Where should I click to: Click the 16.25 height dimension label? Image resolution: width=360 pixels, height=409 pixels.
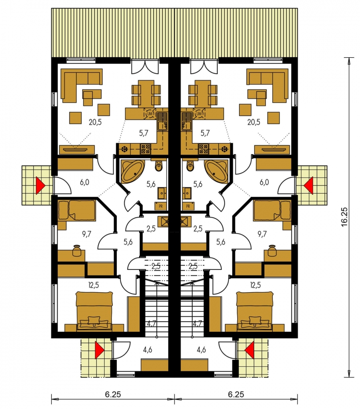(x=345, y=217)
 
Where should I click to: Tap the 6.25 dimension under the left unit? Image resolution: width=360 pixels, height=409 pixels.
(x=113, y=394)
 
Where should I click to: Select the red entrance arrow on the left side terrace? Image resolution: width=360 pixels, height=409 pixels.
(x=40, y=185)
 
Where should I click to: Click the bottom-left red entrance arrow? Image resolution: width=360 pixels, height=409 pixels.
(x=100, y=349)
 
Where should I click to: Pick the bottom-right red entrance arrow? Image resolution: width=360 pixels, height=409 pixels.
(x=250, y=349)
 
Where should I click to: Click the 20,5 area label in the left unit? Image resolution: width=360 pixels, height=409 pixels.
(x=95, y=122)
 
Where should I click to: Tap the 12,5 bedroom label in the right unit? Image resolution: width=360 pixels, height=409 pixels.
(x=255, y=285)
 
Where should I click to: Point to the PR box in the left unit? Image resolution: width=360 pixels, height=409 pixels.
(x=161, y=206)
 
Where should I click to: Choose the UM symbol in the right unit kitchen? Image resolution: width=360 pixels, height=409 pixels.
(x=199, y=114)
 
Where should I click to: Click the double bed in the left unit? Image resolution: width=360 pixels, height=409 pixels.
(x=94, y=311)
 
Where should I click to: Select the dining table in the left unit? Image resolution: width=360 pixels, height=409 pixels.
(x=145, y=93)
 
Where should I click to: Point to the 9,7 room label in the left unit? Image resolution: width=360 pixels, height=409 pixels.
(x=86, y=234)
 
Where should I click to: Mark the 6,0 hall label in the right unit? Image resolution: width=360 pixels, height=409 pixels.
(x=264, y=182)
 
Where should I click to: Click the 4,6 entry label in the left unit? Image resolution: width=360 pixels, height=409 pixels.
(x=148, y=350)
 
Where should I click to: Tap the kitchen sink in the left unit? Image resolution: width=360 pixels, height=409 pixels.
(x=162, y=121)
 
